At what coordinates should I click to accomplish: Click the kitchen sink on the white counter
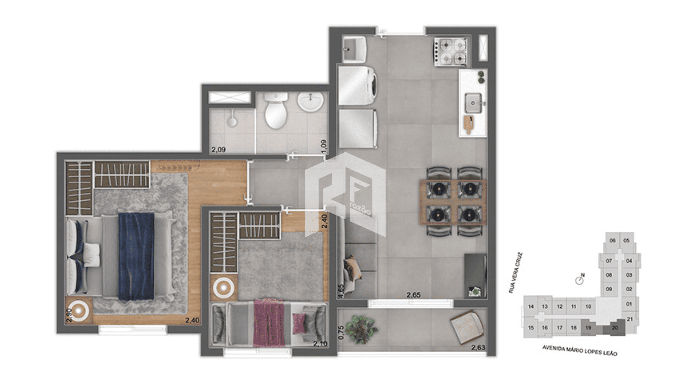click(473, 103)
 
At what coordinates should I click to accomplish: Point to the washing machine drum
click(373, 86)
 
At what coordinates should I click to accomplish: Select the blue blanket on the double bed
click(136, 256)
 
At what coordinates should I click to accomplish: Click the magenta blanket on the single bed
click(269, 323)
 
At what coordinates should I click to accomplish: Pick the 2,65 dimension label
click(414, 295)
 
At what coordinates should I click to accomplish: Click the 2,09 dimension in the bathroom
click(218, 149)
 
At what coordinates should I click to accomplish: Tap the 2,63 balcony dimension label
click(478, 348)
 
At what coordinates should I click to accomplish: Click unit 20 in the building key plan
click(615, 328)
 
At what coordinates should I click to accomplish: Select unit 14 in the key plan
click(531, 307)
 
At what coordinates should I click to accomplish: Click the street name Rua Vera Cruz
click(516, 273)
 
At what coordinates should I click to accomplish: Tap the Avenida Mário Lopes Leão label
click(580, 350)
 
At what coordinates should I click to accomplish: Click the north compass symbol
click(579, 280)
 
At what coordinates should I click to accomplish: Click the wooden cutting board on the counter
click(469, 124)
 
